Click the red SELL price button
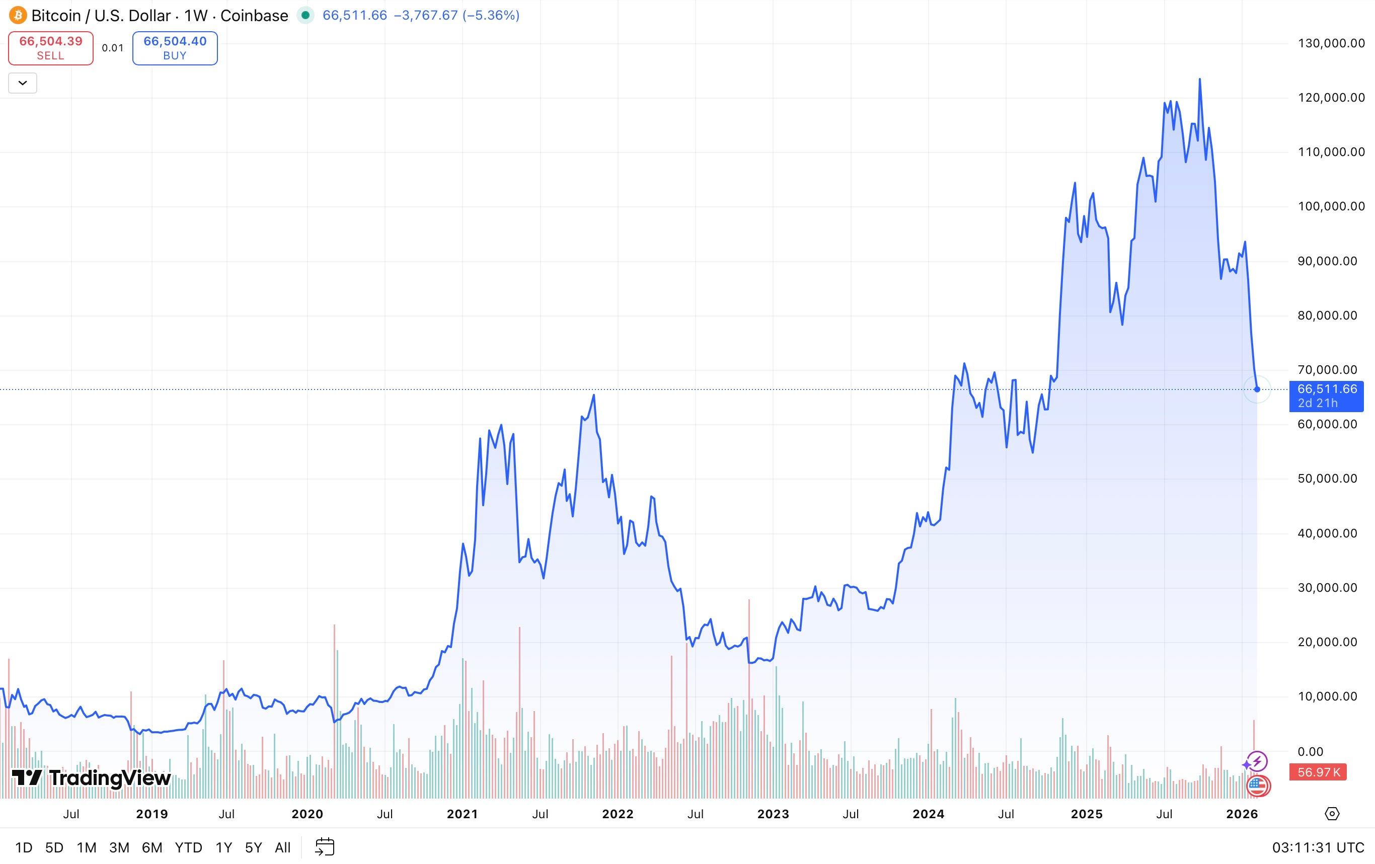(x=50, y=48)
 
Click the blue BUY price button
(x=175, y=48)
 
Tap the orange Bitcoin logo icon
(x=18, y=16)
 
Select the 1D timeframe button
(x=24, y=847)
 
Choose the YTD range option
(x=188, y=847)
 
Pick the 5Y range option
(x=253, y=847)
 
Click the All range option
(x=283, y=847)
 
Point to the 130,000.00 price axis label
(x=1331, y=43)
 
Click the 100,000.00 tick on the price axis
(x=1331, y=206)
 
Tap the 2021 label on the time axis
(x=462, y=814)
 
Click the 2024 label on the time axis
(x=928, y=814)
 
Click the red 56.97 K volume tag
(x=1318, y=772)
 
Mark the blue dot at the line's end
(x=1257, y=389)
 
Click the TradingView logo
(x=92, y=778)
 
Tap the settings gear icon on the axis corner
(x=1332, y=814)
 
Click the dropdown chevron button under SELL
(x=23, y=83)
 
